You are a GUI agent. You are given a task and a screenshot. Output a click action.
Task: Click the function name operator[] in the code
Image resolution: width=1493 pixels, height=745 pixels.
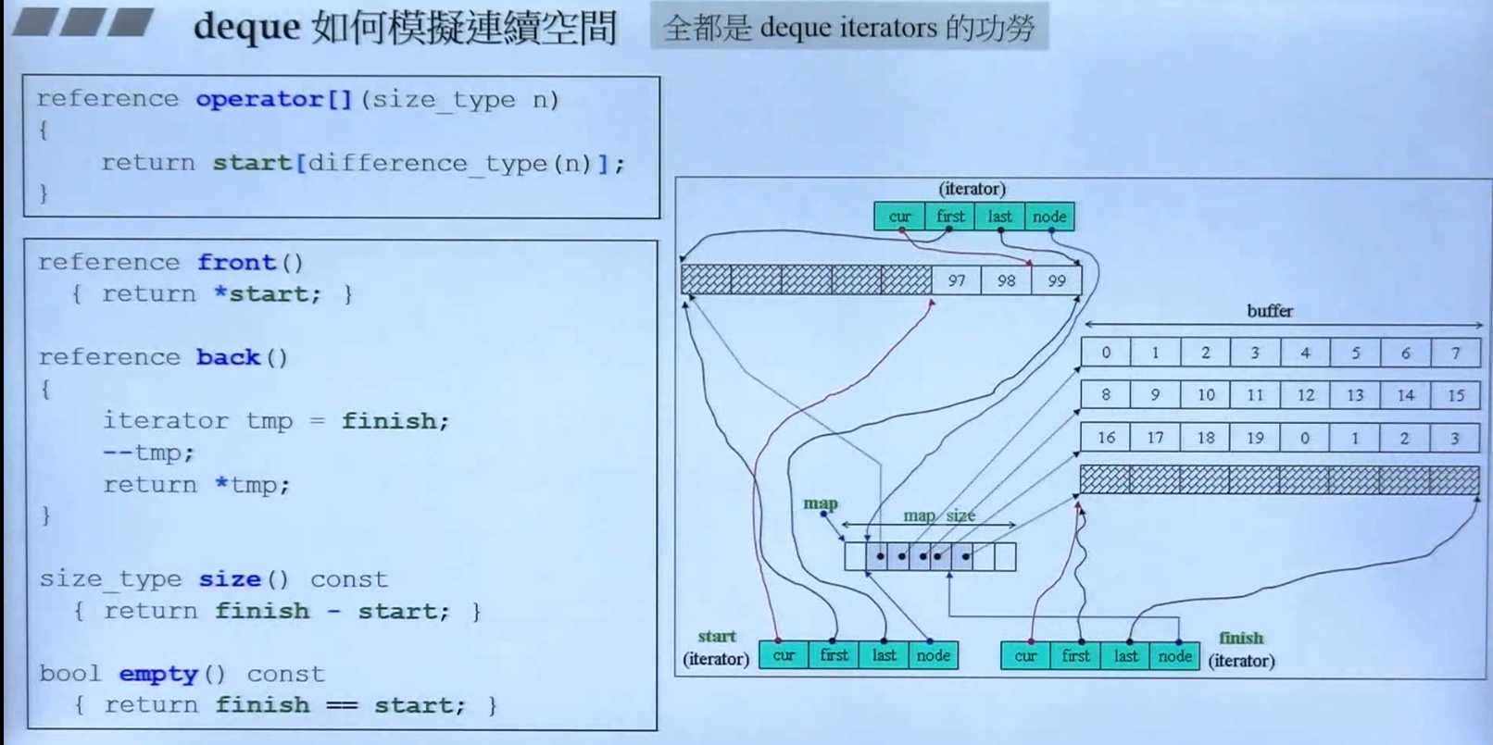tap(273, 99)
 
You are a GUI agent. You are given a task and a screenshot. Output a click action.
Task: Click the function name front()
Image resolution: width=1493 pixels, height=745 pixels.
tap(236, 263)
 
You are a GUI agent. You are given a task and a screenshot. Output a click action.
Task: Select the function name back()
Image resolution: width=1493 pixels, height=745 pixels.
tap(228, 357)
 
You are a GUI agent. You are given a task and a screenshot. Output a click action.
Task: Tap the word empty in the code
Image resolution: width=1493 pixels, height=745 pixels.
tap(158, 674)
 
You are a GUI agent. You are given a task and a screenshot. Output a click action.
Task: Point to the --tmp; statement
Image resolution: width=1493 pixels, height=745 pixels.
tap(148, 453)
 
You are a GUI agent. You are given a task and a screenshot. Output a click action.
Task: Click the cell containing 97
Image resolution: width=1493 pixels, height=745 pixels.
tap(957, 280)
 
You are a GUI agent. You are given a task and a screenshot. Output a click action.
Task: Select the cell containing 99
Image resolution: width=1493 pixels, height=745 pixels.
tap(1056, 280)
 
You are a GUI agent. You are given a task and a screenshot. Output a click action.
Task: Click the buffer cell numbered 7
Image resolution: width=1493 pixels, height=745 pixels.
tap(1455, 353)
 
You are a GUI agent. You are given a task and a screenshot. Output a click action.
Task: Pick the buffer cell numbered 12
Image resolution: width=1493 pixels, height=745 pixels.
tap(1305, 395)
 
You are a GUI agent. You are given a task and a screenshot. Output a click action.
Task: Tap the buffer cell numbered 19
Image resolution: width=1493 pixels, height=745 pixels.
tap(1255, 438)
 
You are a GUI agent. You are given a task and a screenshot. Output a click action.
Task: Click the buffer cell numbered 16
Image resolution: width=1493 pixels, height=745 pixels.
tap(1106, 438)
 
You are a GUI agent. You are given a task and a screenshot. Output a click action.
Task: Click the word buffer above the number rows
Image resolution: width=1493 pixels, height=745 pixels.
tap(1269, 311)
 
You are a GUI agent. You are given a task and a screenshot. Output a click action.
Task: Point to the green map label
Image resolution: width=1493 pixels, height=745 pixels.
tap(821, 503)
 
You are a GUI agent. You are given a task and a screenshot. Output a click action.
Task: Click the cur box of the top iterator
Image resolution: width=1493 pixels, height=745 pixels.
tap(899, 217)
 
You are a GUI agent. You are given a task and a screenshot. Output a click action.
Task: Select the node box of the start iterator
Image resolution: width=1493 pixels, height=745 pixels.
tap(933, 655)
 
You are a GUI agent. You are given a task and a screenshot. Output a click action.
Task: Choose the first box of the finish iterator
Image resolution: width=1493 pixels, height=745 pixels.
tap(1075, 656)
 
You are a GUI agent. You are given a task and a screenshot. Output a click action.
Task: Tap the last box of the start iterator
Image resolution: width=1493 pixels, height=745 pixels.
tap(884, 655)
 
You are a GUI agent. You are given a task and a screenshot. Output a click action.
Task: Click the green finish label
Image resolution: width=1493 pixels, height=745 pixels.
tap(1241, 638)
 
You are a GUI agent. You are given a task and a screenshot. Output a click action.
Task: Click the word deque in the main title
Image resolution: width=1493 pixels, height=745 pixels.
tap(246, 26)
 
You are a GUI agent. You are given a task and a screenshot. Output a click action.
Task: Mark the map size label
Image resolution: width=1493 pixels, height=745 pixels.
tap(938, 515)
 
